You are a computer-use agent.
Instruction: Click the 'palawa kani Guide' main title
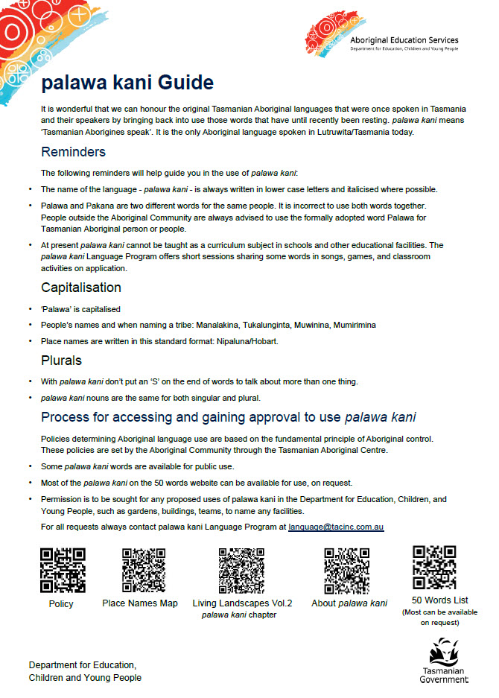click(127, 82)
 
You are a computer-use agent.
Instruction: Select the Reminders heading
click(73, 153)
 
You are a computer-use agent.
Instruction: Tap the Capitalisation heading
click(80, 288)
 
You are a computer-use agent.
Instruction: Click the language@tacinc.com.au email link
click(336, 527)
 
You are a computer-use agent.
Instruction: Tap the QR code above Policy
click(63, 571)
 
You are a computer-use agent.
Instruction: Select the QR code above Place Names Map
click(143, 571)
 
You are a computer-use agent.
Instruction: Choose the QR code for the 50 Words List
click(435, 568)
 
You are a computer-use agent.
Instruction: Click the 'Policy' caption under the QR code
click(61, 604)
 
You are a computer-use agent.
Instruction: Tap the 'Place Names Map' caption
click(140, 603)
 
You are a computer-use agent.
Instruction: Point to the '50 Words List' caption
click(439, 600)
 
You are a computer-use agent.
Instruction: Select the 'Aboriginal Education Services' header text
click(404, 40)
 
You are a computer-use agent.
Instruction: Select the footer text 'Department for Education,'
click(83, 664)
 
